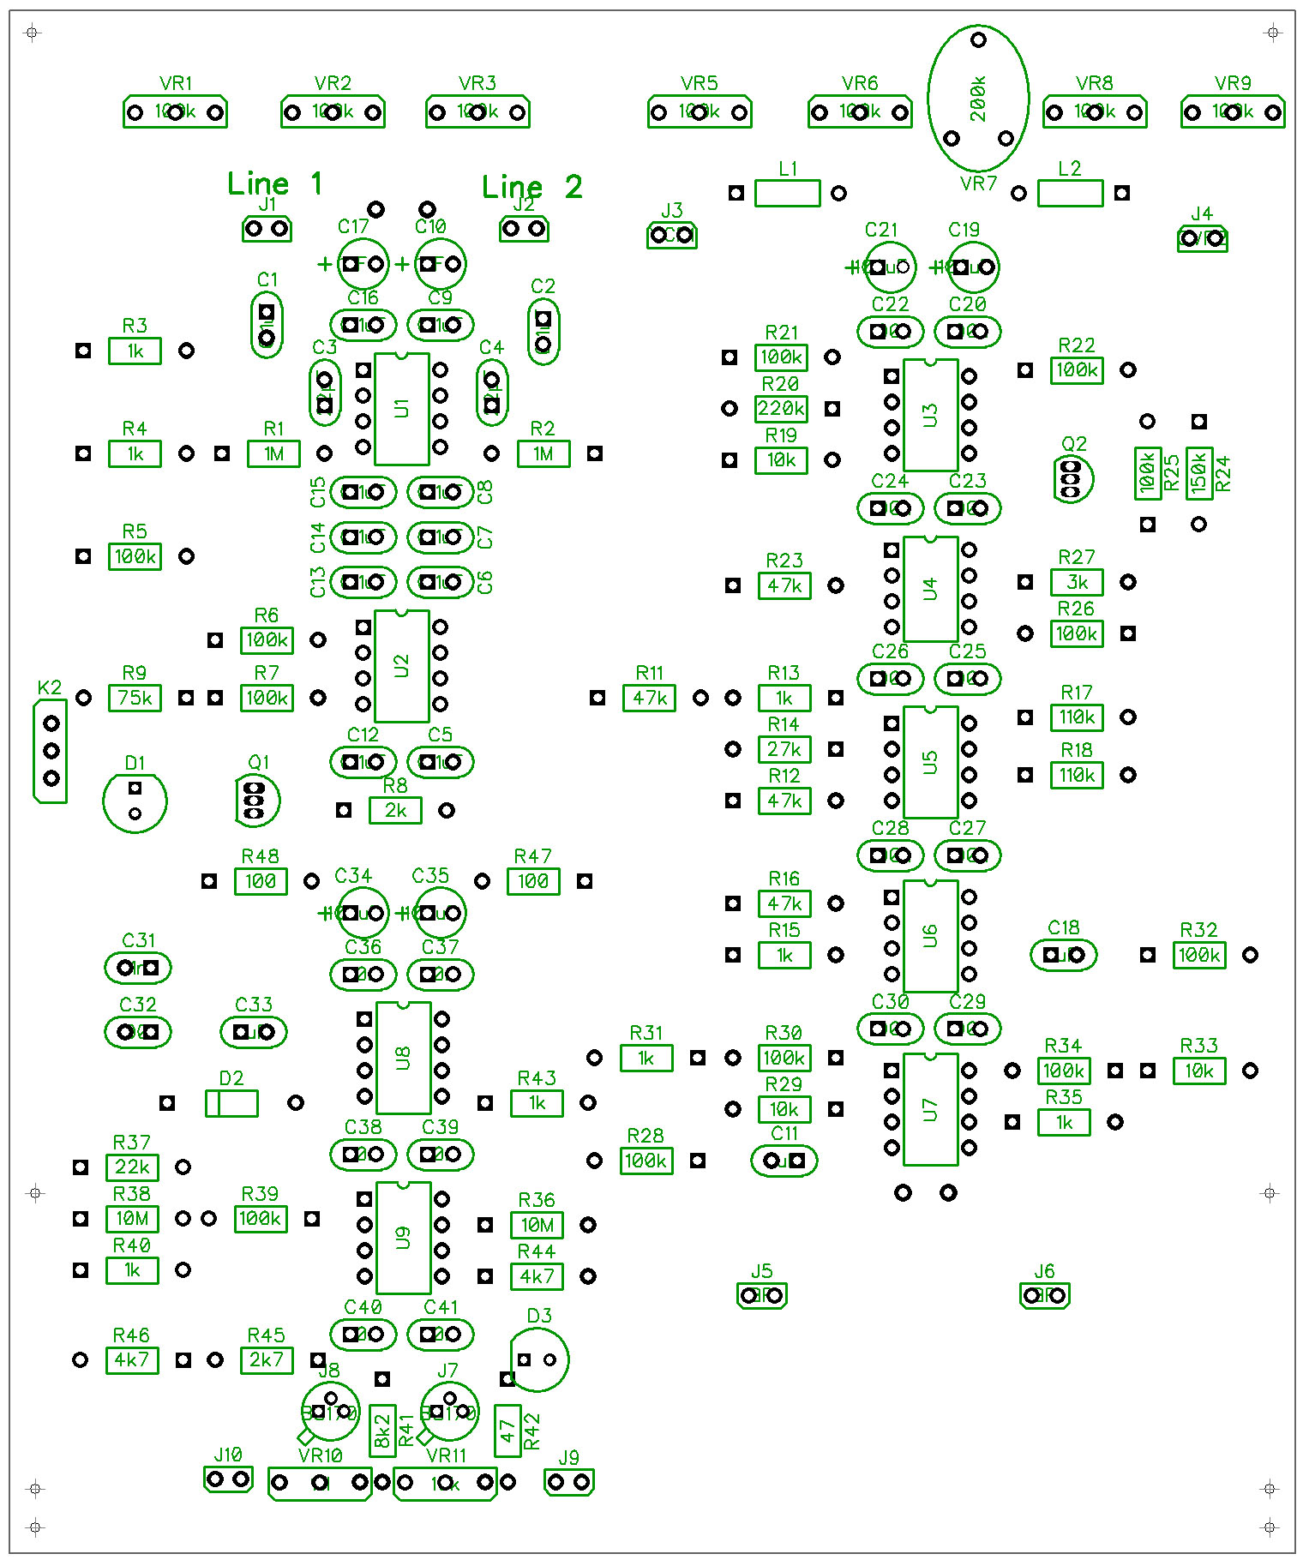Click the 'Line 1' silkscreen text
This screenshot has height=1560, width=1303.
point(274,183)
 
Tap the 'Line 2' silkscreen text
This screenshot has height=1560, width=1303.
point(531,187)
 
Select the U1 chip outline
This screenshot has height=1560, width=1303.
point(401,408)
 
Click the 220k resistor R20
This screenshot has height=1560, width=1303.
point(780,409)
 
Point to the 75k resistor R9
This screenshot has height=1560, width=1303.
point(135,698)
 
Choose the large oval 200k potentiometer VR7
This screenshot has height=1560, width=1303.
point(978,98)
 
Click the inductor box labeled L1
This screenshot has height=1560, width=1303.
point(787,193)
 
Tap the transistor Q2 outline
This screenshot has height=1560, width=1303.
point(1072,478)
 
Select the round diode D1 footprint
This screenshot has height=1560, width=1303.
point(135,801)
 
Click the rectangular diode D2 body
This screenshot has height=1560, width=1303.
point(231,1103)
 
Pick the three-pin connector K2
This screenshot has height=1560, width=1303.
point(51,751)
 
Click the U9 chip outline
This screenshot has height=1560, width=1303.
point(403,1237)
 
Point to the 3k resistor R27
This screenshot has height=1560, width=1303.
point(1077,583)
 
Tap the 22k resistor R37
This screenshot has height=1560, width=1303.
point(132,1167)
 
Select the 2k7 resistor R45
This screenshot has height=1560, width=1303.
point(267,1359)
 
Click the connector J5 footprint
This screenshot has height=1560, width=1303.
point(762,1295)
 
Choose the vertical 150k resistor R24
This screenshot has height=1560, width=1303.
point(1198,472)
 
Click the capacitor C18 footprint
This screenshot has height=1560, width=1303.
point(1063,955)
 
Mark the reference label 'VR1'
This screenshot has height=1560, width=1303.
point(176,83)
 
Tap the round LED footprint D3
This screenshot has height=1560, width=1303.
point(538,1359)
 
